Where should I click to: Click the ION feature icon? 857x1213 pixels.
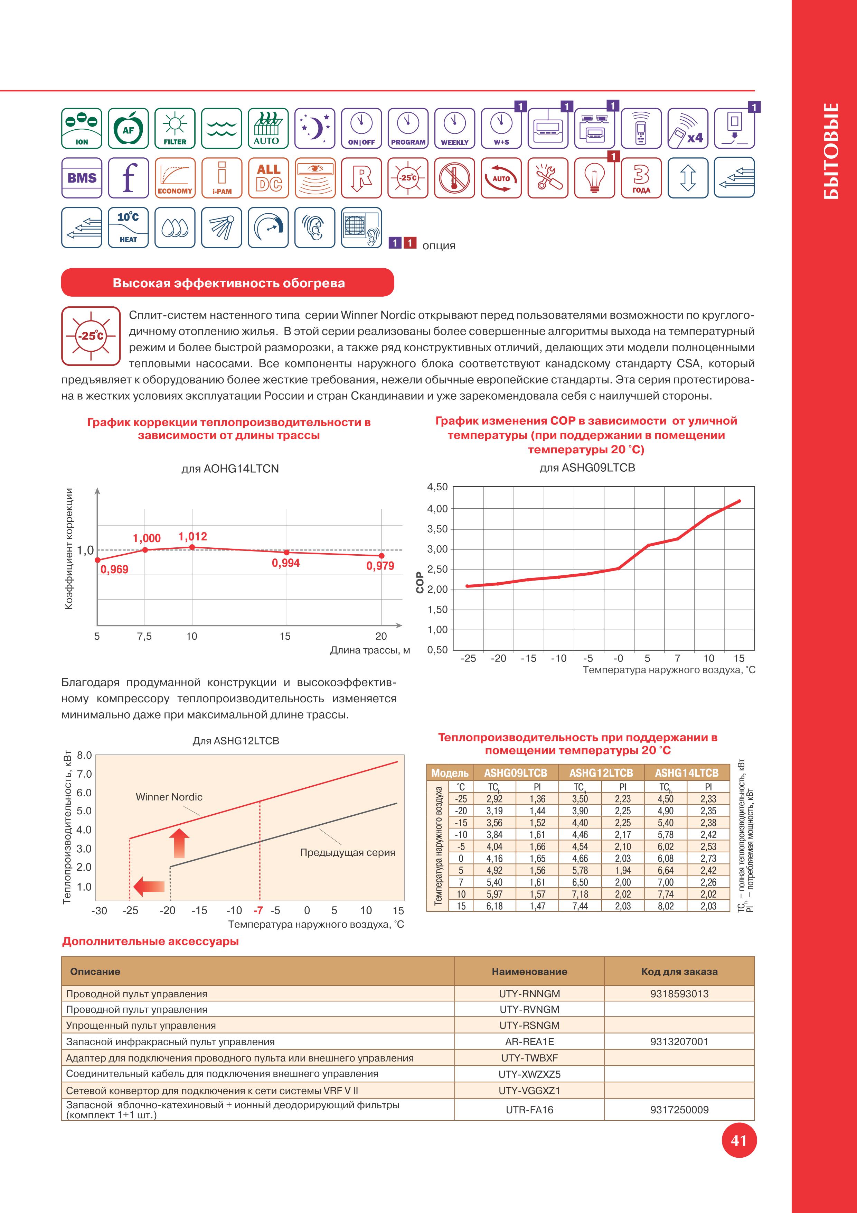pyautogui.click(x=82, y=128)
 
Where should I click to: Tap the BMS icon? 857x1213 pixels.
pyautogui.click(x=82, y=177)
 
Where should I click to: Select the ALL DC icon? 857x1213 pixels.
pyautogui.click(x=268, y=177)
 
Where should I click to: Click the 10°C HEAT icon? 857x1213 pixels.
pyautogui.click(x=128, y=227)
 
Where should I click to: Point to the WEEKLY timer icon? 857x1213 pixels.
pyautogui.click(x=454, y=128)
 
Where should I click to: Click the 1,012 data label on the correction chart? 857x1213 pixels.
pyautogui.click(x=193, y=537)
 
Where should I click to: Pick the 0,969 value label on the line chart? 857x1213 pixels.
pyautogui.click(x=114, y=570)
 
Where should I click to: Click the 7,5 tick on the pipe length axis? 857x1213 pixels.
pyautogui.click(x=144, y=636)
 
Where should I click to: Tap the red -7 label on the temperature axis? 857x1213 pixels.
pyautogui.click(x=258, y=910)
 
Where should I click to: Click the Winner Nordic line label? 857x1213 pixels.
pyautogui.click(x=169, y=797)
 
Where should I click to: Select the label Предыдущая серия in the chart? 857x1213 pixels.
pyautogui.click(x=347, y=852)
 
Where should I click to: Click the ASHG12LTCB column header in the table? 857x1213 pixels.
pyautogui.click(x=601, y=773)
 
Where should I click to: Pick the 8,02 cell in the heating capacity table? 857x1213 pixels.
pyautogui.click(x=665, y=906)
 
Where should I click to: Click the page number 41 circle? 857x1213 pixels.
pyautogui.click(x=739, y=1141)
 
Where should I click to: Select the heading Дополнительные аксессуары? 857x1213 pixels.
pyautogui.click(x=150, y=942)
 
